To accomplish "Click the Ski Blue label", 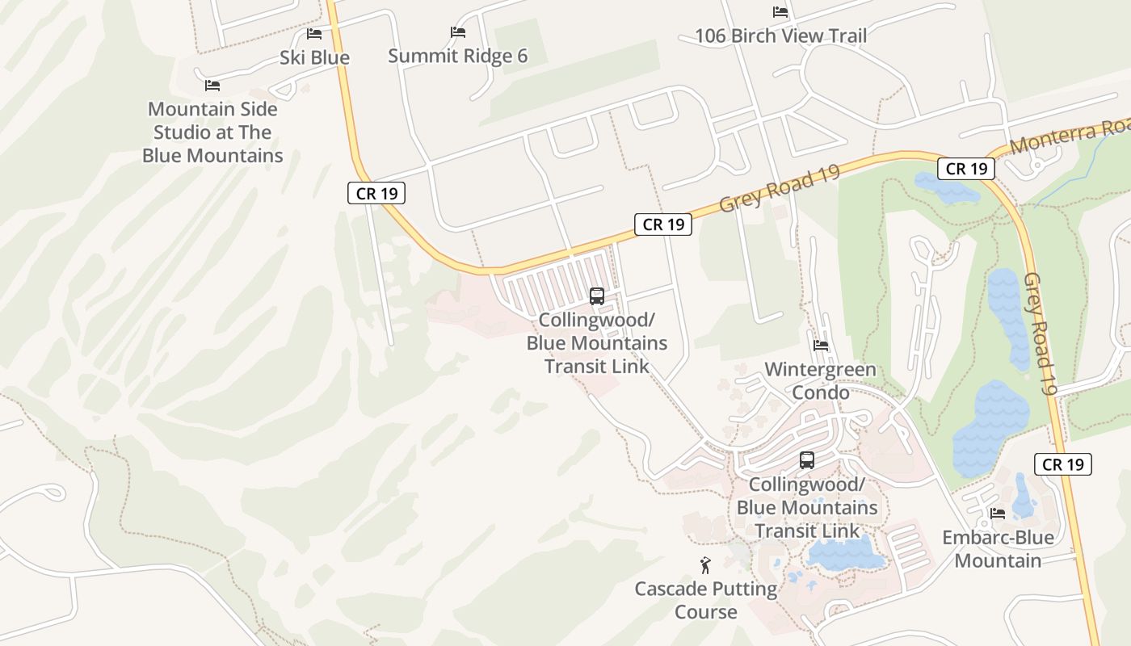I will (314, 57).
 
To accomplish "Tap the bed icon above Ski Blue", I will (314, 34).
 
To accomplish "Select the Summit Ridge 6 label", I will (457, 56).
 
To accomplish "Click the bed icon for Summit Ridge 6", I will (458, 32).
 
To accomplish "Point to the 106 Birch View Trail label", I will (780, 36).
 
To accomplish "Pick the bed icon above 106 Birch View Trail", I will (780, 12).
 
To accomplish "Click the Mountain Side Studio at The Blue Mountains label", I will (212, 132).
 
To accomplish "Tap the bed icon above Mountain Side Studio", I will (212, 85).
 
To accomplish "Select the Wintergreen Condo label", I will (820, 381).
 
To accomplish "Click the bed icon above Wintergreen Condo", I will (821, 346).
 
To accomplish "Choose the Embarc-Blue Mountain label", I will (998, 549).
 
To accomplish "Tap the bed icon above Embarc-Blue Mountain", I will (998, 513).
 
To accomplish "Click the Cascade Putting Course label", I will (706, 600).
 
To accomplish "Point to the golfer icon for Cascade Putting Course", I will (705, 565).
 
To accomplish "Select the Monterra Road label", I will (1069, 134).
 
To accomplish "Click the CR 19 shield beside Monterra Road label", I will (966, 169).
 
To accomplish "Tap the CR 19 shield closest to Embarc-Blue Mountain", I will (1062, 464).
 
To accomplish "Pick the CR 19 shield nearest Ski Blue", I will (376, 194).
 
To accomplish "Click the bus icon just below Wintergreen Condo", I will (806, 460).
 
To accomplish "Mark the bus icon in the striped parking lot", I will (597, 296).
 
